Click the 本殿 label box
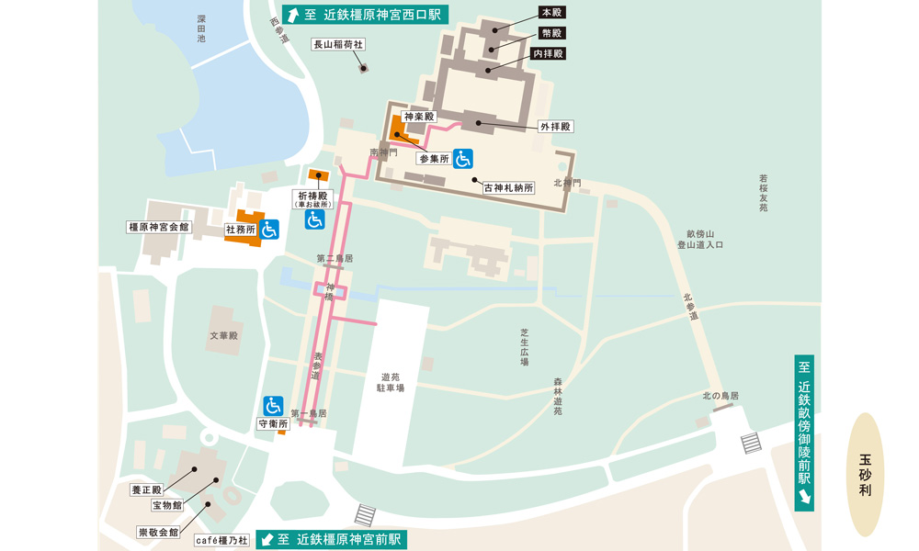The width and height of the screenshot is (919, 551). (x=551, y=13)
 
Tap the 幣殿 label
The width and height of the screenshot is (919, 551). (x=551, y=33)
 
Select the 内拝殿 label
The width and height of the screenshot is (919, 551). (x=548, y=54)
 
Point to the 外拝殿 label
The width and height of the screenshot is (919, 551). (x=554, y=126)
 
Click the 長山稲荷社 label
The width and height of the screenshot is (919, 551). (x=339, y=44)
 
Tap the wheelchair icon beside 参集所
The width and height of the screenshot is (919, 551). (x=463, y=159)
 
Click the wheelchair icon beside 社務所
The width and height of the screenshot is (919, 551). (x=269, y=230)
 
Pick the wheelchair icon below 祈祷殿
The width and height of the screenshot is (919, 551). (x=315, y=219)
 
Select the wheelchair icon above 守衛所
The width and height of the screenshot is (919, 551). (x=273, y=405)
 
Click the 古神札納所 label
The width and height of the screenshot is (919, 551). (x=508, y=186)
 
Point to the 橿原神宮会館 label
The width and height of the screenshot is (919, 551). (x=158, y=226)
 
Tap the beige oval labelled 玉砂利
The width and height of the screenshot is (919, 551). (x=865, y=474)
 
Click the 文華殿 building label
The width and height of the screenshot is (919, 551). (x=223, y=336)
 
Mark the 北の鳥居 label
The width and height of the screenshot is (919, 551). (x=720, y=396)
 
